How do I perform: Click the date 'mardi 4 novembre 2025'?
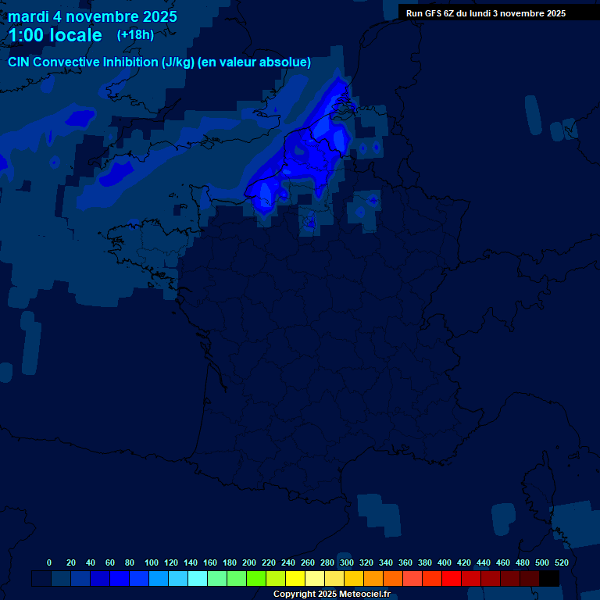tap(92, 16)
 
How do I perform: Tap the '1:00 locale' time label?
tap(55, 35)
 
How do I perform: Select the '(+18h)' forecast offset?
tap(135, 34)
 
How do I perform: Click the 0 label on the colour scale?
tap(49, 562)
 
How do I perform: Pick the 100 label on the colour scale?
tap(152, 562)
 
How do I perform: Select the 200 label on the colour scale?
tap(249, 562)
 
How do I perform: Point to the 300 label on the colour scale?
tap(347, 562)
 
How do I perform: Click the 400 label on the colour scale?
tap(445, 562)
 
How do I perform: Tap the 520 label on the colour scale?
tap(561, 562)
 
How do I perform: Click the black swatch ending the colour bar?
tap(549, 578)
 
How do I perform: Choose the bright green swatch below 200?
tap(255, 578)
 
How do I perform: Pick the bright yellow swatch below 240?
tap(295, 578)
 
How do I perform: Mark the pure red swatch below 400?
tap(451, 578)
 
